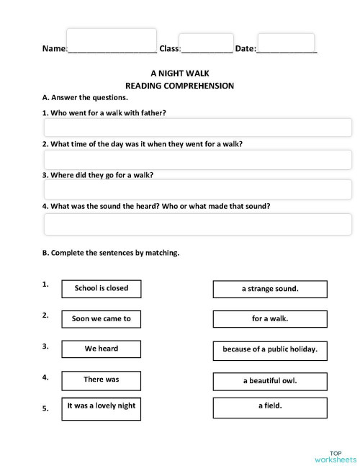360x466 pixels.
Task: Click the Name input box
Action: (x=111, y=41)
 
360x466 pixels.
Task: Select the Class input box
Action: (x=206, y=43)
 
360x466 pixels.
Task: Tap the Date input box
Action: (x=286, y=43)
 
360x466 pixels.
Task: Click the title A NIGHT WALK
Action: (x=179, y=73)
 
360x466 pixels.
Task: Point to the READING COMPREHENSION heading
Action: (x=180, y=86)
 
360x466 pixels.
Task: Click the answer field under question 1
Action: (x=197, y=127)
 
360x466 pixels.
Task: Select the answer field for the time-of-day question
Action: (x=197, y=159)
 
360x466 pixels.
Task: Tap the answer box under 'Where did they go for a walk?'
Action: (x=197, y=189)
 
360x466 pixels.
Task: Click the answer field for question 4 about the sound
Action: (x=197, y=224)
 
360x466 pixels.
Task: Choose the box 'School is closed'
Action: (x=102, y=289)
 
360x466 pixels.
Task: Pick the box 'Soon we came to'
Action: (x=102, y=318)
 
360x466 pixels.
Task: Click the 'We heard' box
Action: (x=102, y=349)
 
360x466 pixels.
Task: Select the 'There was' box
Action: (x=102, y=380)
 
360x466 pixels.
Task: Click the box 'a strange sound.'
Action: (x=270, y=290)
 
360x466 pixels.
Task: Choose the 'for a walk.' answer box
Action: (x=270, y=318)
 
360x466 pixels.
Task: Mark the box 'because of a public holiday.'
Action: (x=270, y=350)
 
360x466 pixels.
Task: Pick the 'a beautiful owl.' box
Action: (x=270, y=381)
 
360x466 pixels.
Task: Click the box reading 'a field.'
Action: (x=270, y=407)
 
